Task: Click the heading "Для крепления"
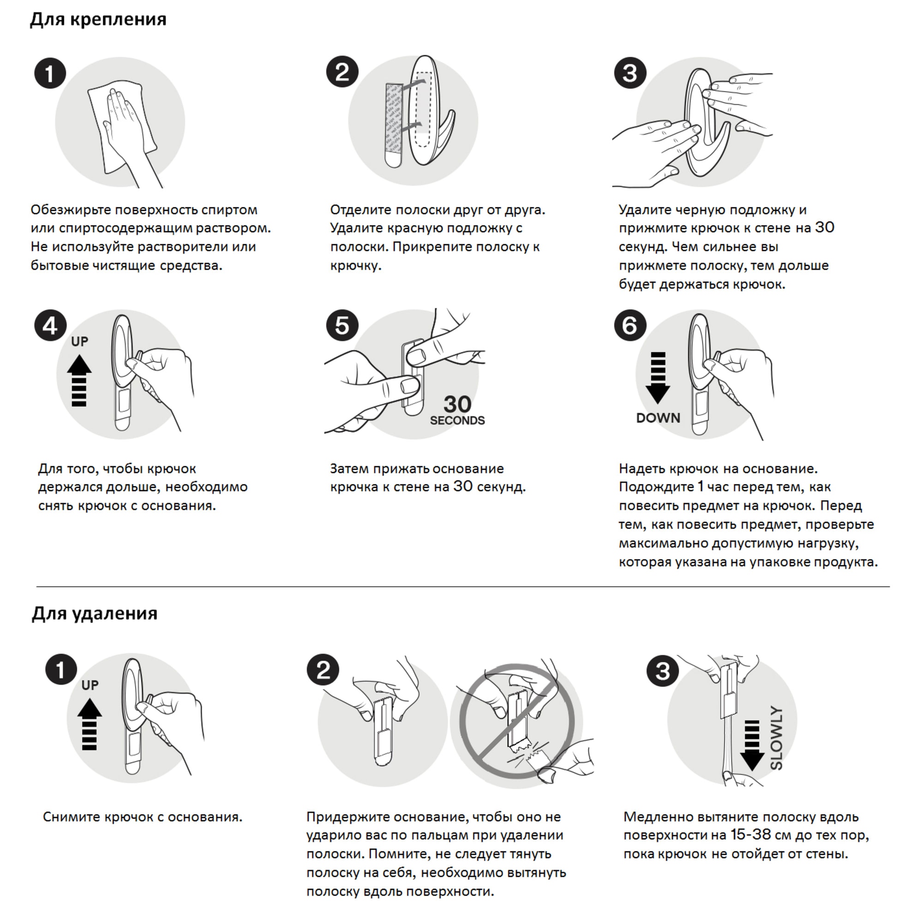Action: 98,19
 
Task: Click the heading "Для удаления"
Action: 94,613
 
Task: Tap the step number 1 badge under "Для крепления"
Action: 50,73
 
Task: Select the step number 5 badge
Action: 342,326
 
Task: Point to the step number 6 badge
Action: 629,326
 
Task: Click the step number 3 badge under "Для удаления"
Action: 662,671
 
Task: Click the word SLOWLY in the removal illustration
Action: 776,738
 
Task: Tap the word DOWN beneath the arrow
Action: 658,418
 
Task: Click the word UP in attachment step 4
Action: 79,342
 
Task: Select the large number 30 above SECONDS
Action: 457,405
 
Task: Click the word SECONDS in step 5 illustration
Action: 457,420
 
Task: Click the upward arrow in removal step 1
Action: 90,724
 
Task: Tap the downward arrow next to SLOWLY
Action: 751,745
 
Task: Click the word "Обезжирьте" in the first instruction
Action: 71,210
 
